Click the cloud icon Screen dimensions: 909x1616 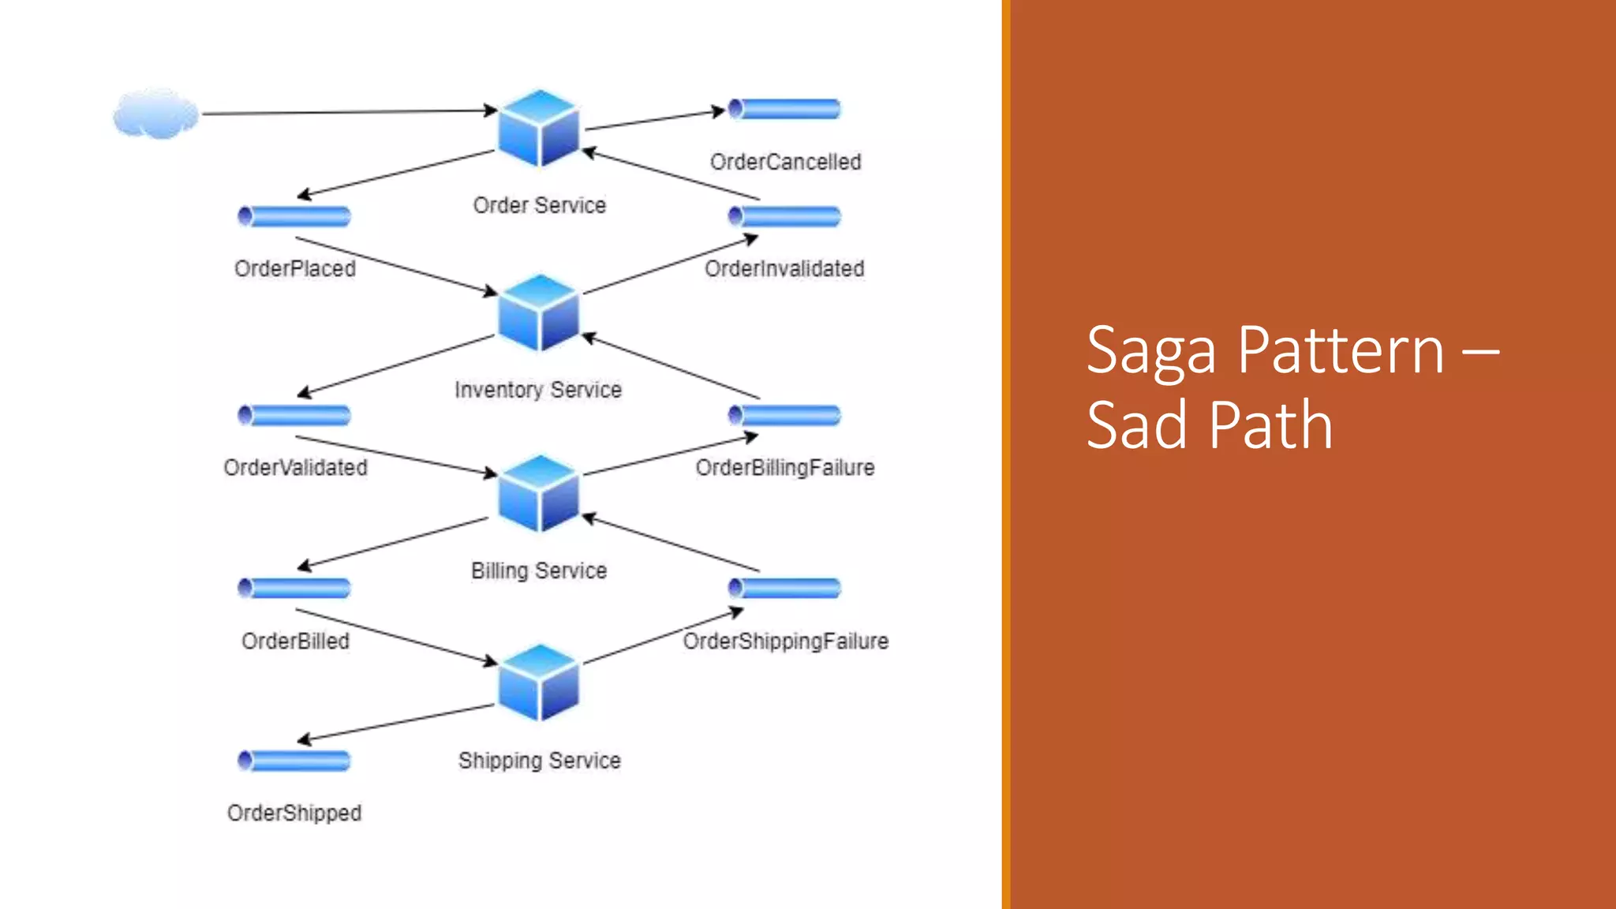pos(155,114)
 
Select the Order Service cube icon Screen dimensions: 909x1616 pos(539,128)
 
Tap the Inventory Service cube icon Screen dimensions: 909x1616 pos(539,312)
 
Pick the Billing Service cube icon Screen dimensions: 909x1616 pos(539,494)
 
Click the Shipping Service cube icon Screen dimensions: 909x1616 pos(539,683)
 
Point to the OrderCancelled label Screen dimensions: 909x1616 pos(785,162)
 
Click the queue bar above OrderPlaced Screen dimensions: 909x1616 pos(294,216)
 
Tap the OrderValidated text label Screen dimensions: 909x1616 pos(295,467)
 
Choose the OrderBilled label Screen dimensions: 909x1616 pos(295,641)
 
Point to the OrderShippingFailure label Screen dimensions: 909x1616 pos(785,641)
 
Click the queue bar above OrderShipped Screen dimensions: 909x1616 pos(294,761)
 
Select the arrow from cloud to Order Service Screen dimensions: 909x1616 pos(347,112)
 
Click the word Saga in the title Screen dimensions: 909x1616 pos(1151,351)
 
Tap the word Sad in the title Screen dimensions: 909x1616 pos(1137,425)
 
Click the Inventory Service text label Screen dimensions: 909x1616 pos(538,390)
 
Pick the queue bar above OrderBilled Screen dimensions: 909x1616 pos(294,588)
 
